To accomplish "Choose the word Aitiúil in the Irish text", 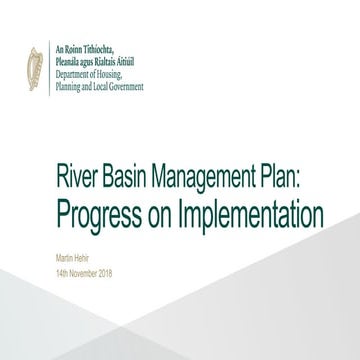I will point(133,61).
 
